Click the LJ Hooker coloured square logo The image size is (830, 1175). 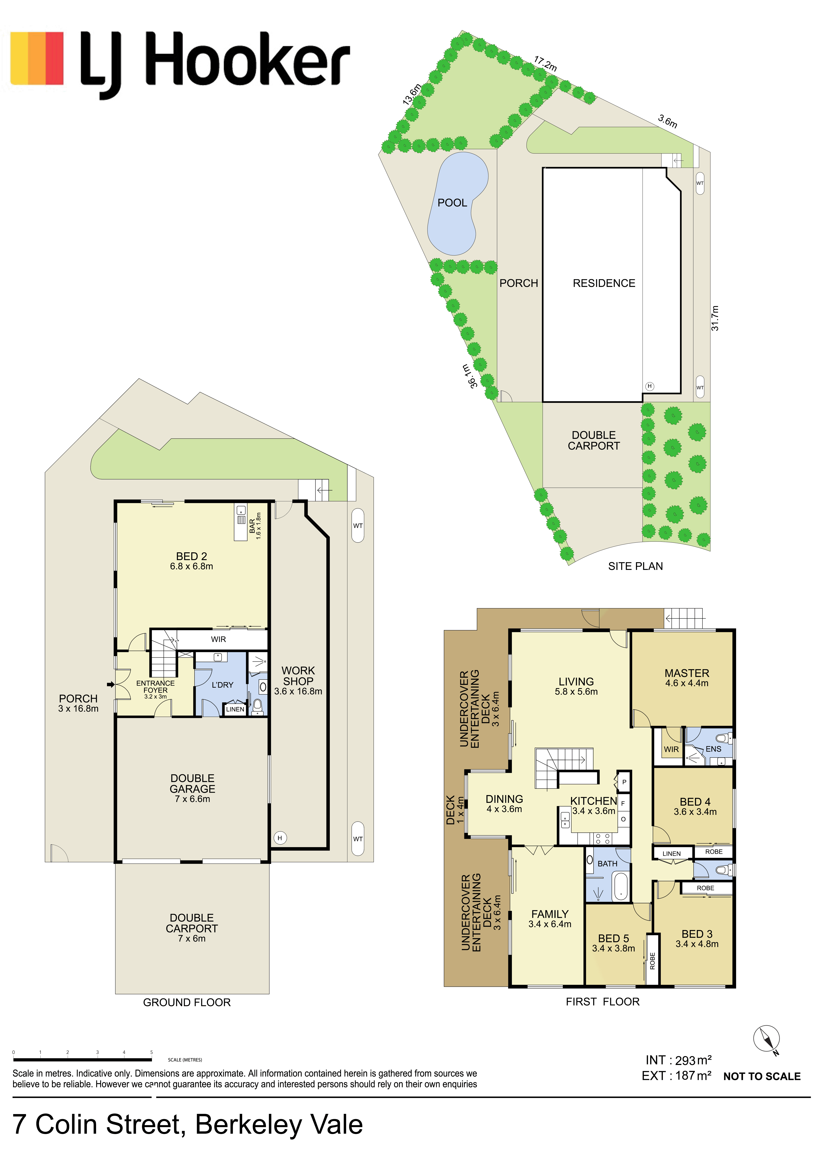37,58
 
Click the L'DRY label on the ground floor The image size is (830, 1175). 222,685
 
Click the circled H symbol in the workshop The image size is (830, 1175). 280,838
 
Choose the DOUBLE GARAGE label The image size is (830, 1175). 192,783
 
